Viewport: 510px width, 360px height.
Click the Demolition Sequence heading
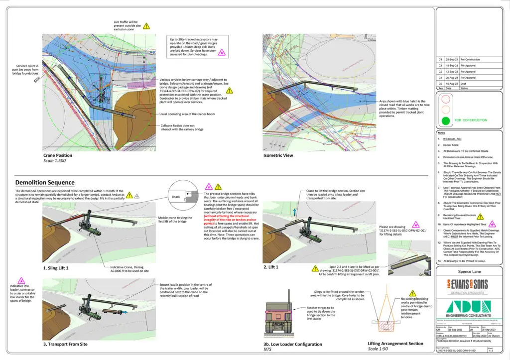45,183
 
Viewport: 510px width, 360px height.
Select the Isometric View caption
278,156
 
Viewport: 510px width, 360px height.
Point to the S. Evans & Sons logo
463,286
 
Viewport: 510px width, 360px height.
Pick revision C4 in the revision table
440,59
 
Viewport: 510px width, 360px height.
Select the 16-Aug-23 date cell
452,84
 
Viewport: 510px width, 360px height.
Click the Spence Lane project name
469,272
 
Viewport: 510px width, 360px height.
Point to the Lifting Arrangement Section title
395,344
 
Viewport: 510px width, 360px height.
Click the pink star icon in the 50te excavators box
222,51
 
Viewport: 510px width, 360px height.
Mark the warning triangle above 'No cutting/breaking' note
412,294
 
